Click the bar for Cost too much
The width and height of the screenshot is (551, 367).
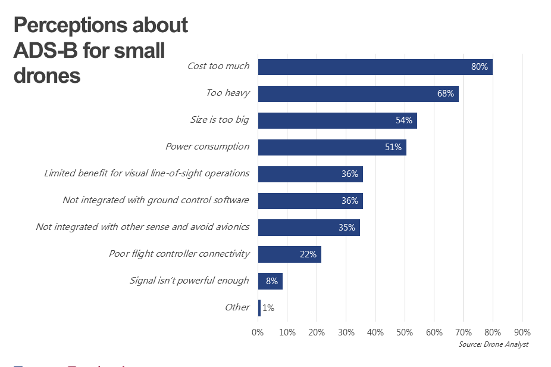[x=375, y=67]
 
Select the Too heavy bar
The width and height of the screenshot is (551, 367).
[x=358, y=94]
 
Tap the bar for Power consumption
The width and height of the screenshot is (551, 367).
[x=332, y=147]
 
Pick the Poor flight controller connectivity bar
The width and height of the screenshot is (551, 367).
[x=289, y=254]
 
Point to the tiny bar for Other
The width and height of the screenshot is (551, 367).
[x=259, y=308]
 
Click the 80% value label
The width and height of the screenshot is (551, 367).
[x=480, y=67]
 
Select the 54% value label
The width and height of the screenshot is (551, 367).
[x=404, y=120]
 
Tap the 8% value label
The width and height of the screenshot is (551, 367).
[x=272, y=281]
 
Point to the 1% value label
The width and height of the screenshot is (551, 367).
[x=268, y=308]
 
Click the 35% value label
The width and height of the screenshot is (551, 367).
[x=347, y=228]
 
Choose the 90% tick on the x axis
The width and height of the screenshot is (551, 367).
[x=522, y=332]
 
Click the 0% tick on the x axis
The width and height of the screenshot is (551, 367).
[x=258, y=332]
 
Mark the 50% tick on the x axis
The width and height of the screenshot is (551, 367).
[x=405, y=332]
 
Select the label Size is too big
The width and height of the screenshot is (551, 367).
[x=219, y=120]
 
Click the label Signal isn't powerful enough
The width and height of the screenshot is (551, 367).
[x=189, y=280]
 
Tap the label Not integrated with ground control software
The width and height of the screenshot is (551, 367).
[x=155, y=200]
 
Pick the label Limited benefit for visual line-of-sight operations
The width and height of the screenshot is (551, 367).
[x=146, y=173]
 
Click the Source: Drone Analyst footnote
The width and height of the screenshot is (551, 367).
[x=493, y=344]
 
